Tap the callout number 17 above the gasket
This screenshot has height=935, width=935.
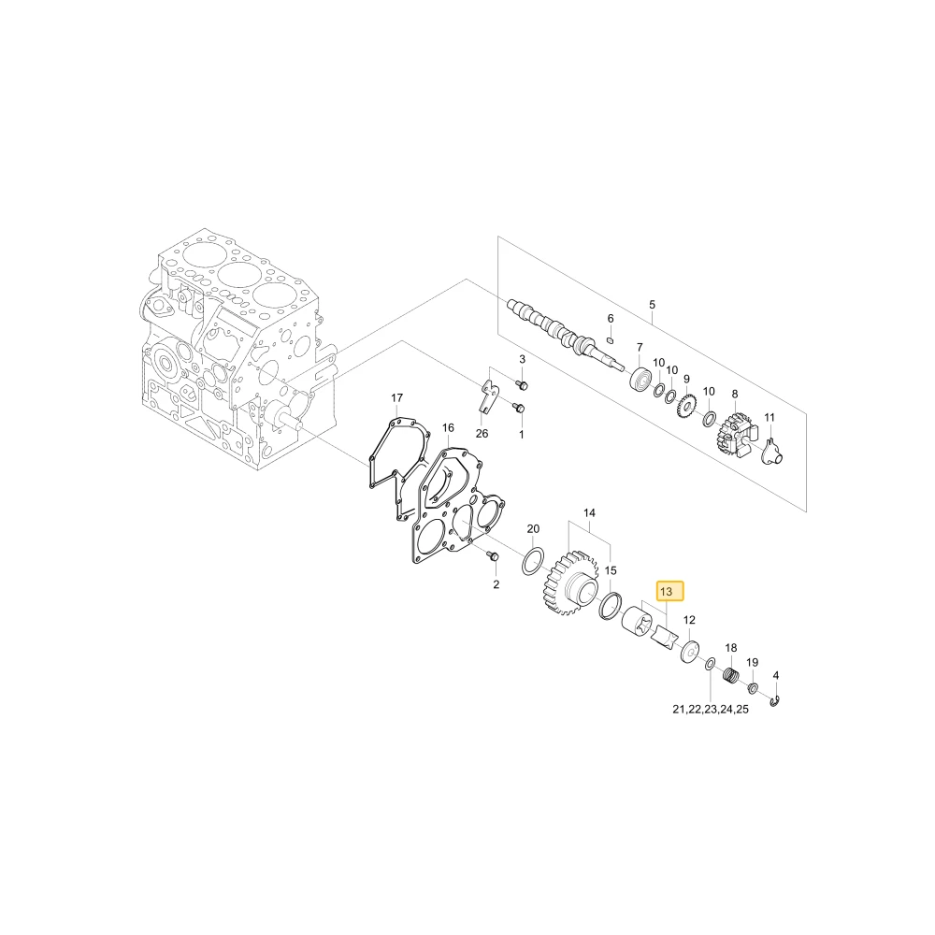point(397,397)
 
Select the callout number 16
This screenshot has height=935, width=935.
point(449,427)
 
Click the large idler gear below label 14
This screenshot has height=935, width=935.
point(568,583)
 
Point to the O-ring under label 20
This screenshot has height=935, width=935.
point(533,561)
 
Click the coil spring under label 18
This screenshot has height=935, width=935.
point(732,677)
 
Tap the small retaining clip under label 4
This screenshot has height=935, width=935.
point(774,701)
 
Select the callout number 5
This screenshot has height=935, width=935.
point(652,305)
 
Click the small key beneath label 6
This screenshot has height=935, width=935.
point(610,340)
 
